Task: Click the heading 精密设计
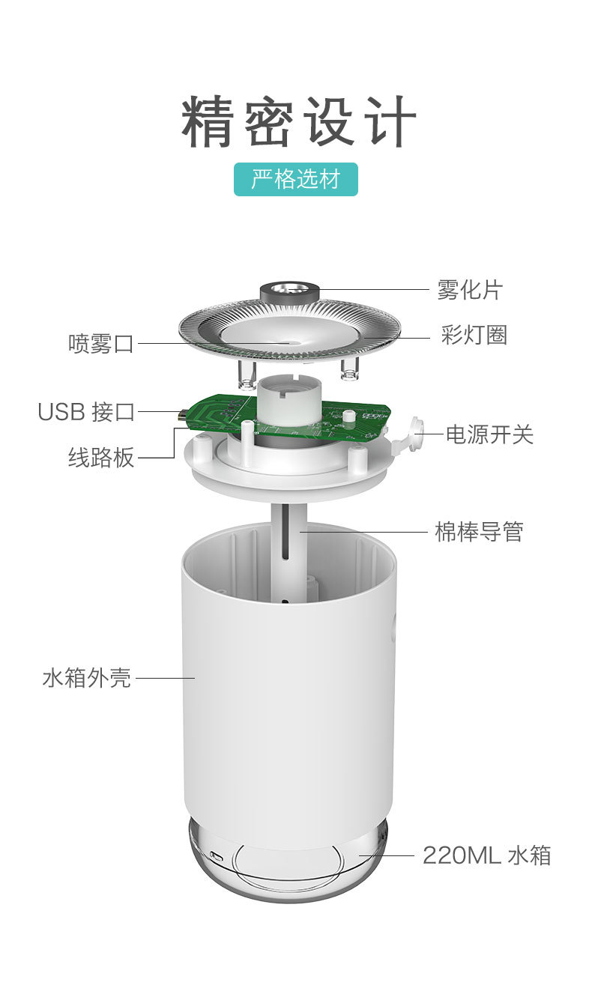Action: (x=299, y=121)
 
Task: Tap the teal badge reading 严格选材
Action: (x=295, y=179)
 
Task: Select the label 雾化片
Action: (x=470, y=290)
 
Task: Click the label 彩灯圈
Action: (x=474, y=335)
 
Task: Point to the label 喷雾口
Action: (x=101, y=344)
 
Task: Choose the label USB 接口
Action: (x=86, y=412)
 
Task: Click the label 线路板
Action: (x=101, y=457)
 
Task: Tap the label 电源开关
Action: (x=489, y=434)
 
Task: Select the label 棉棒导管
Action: (x=479, y=531)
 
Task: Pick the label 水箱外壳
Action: (x=87, y=678)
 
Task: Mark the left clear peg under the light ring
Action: (x=247, y=375)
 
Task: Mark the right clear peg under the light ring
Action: (x=349, y=369)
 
